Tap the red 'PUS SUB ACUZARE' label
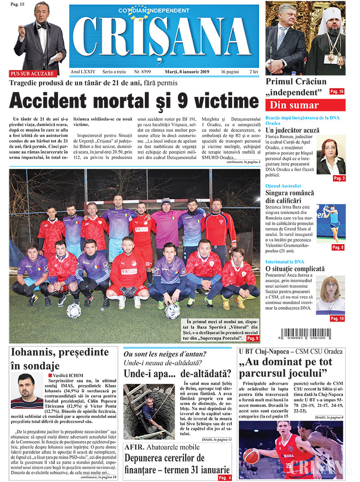point(32,73)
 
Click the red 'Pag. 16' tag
point(337,92)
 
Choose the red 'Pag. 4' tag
point(225,477)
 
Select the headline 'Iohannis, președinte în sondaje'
point(60,359)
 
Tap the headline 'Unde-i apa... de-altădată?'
point(178,373)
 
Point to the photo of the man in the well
point(149,411)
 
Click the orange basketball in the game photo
point(251,456)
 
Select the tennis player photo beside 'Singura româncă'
point(331,223)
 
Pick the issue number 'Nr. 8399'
point(143,72)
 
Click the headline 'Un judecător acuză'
point(292,131)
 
